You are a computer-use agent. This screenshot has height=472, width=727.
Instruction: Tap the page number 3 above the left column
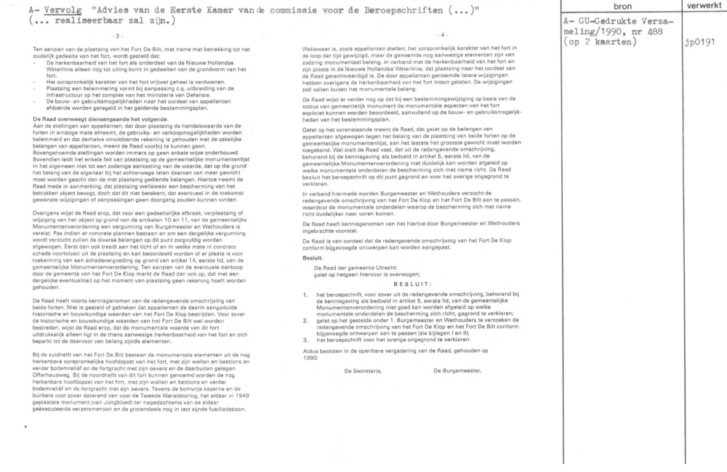click(119, 35)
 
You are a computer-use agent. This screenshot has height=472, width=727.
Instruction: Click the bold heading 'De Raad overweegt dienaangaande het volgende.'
click(91, 119)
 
